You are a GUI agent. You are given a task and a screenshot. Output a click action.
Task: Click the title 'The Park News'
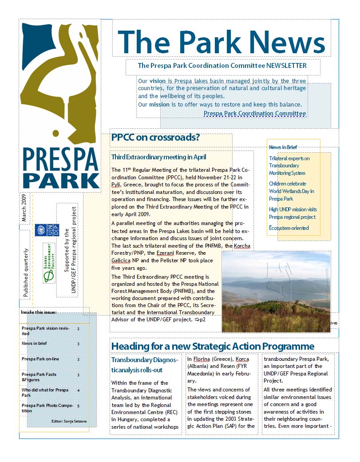pyautogui.click(x=221, y=42)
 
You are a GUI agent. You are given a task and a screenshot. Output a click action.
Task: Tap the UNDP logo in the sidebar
pyautogui.click(x=47, y=230)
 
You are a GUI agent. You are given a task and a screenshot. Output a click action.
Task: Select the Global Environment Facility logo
pyautogui.click(x=48, y=263)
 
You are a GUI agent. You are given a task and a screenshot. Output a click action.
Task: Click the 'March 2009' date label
pyautogui.click(x=25, y=208)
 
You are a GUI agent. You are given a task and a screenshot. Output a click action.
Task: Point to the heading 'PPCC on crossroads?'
pyautogui.click(x=155, y=138)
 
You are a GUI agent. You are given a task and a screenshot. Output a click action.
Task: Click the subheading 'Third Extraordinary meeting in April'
pyautogui.click(x=158, y=157)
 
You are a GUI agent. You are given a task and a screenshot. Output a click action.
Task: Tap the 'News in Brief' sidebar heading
pyautogui.click(x=283, y=147)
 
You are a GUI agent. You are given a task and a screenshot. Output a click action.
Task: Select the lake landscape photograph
pyautogui.click(x=276, y=291)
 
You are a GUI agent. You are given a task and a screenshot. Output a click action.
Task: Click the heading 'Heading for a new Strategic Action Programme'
pyautogui.click(x=213, y=346)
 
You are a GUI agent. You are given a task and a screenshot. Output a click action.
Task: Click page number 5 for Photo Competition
pyautogui.click(x=79, y=406)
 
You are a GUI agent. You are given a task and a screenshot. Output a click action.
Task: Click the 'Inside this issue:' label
pyautogui.click(x=39, y=312)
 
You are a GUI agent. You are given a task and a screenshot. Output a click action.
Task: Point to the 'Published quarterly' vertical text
pyautogui.click(x=26, y=272)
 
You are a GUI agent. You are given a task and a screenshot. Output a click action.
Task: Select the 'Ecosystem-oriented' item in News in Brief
pyautogui.click(x=289, y=228)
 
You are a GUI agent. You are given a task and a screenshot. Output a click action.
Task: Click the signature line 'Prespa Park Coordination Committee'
pyautogui.click(x=255, y=114)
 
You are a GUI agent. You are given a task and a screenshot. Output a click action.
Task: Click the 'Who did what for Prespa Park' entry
pyautogui.click(x=45, y=392)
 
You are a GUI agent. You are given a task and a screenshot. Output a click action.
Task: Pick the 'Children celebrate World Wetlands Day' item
pyautogui.click(x=291, y=191)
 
